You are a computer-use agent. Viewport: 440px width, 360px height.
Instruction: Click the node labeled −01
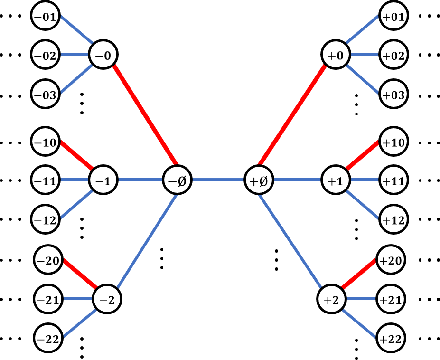click(x=46, y=17)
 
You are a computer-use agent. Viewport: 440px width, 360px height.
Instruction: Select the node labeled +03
click(x=393, y=95)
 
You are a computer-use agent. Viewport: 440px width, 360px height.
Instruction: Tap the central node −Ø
click(x=178, y=180)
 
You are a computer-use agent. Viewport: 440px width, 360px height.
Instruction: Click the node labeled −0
click(x=103, y=56)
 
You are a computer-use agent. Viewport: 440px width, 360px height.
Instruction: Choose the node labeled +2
click(x=331, y=300)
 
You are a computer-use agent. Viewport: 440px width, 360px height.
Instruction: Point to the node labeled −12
click(x=46, y=220)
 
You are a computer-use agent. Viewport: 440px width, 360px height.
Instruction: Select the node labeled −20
click(x=48, y=261)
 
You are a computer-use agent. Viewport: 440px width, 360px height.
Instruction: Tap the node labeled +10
click(x=393, y=142)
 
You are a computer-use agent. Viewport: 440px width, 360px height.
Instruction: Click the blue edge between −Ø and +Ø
click(x=218, y=180)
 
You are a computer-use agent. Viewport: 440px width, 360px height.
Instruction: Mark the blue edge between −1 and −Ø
click(x=140, y=180)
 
